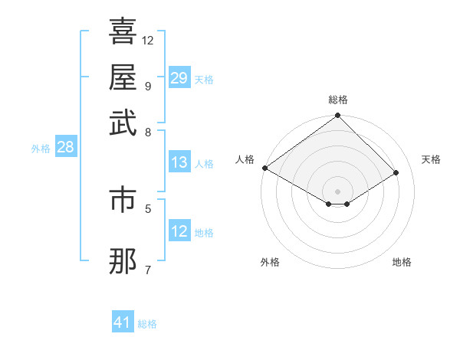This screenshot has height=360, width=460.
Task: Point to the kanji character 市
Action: [123, 198]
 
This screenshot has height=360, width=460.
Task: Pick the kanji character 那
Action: [123, 261]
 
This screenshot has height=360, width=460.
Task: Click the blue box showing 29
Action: [179, 78]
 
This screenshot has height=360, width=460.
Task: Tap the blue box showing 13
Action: [179, 162]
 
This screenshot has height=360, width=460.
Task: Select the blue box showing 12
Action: [179, 231]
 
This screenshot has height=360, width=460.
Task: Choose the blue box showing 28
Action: [65, 148]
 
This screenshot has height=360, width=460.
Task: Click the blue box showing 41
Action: [123, 322]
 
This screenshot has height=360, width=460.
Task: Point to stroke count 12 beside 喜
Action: [148, 40]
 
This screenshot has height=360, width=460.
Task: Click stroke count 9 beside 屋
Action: [148, 85]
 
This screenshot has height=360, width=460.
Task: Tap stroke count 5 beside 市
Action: [148, 207]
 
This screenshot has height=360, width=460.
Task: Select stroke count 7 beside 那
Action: [148, 269]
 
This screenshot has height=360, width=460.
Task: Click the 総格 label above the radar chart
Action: [338, 100]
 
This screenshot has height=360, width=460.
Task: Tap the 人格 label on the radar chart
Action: [245, 159]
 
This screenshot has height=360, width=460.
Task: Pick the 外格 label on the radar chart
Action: [270, 263]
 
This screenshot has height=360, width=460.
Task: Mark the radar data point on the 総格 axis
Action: [338, 116]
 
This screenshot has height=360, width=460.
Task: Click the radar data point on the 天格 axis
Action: [397, 173]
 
